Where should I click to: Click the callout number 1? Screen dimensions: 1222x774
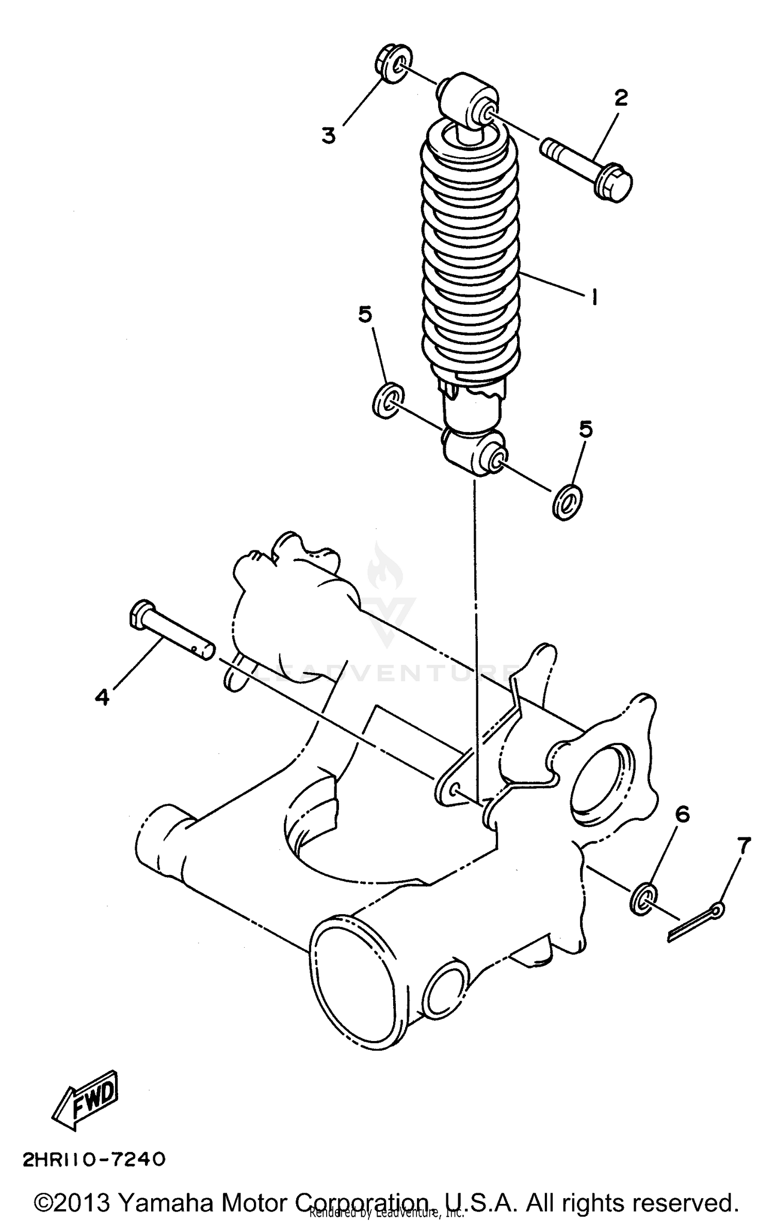594,297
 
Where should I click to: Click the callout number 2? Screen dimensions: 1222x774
621,97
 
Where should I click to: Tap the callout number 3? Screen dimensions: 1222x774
329,135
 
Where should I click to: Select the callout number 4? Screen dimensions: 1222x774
102,697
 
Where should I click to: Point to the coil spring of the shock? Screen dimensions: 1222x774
471,258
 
